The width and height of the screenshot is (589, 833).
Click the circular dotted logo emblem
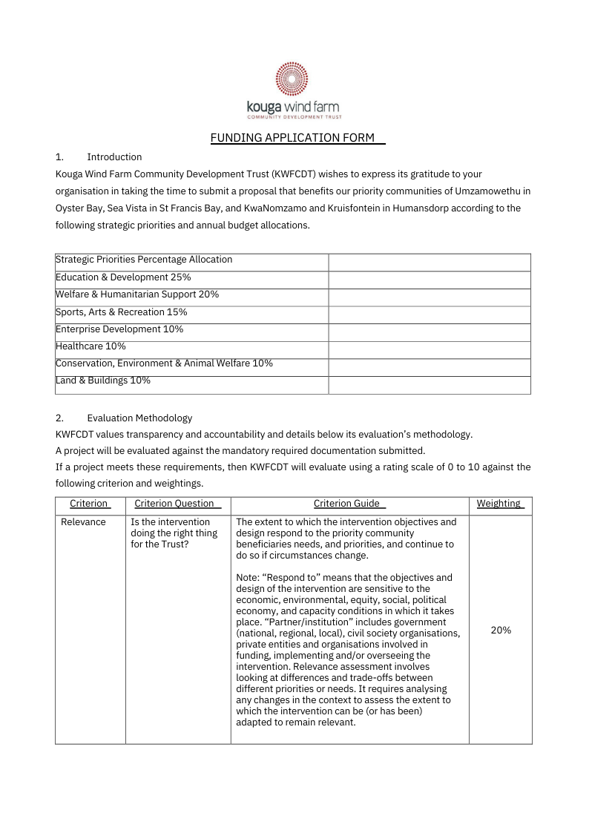292,79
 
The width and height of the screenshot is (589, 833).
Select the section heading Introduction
114,157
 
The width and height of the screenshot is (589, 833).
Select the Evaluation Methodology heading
139,418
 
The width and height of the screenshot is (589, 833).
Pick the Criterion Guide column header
346,504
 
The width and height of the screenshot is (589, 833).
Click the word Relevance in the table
83,522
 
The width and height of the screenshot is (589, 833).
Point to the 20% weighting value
501,630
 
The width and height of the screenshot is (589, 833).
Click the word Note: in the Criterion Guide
248,577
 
